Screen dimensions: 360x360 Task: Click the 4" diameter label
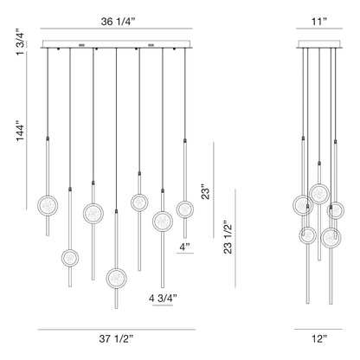(x=184, y=247)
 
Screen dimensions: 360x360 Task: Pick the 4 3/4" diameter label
(x=164, y=299)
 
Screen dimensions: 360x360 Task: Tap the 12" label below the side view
(x=320, y=339)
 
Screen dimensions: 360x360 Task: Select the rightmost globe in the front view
(x=184, y=209)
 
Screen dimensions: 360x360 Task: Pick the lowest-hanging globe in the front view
(x=115, y=278)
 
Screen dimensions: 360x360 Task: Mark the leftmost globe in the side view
(x=303, y=206)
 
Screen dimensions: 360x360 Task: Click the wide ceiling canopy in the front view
(x=115, y=45)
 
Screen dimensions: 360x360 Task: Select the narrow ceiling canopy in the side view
(x=320, y=45)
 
